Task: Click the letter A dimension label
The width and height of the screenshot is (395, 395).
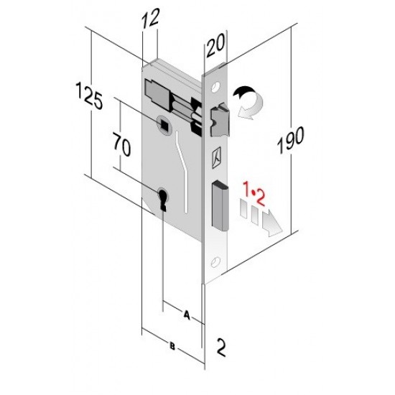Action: coord(187,314)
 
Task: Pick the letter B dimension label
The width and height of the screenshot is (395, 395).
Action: coord(172,346)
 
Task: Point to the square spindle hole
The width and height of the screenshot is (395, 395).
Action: coord(166,127)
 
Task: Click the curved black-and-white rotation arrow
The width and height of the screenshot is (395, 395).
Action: coord(248,100)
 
